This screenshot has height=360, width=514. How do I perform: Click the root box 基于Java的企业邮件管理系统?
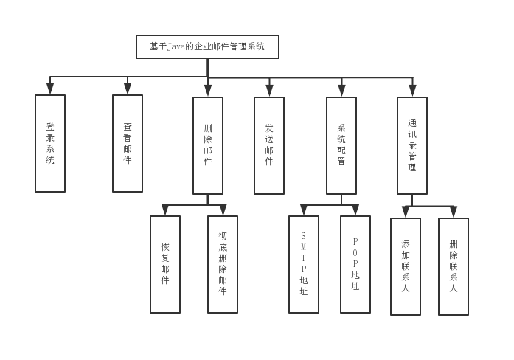point(207,47)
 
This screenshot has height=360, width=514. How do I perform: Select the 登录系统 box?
point(50,143)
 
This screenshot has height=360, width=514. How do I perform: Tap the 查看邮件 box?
point(128,143)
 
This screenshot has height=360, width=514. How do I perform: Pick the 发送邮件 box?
point(269,145)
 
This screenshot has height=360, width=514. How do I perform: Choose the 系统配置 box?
point(341,145)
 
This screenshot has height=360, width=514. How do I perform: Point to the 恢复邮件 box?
point(165,264)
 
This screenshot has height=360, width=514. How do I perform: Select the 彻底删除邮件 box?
point(223,264)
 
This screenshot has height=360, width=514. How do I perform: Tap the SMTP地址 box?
point(304,264)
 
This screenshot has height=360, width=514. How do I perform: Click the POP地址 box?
point(355,264)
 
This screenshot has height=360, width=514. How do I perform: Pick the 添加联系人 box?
point(406,266)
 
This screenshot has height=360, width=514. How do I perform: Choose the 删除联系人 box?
point(454,266)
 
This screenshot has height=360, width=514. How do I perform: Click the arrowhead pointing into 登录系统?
point(50,89)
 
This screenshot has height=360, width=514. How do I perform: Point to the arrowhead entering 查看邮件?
point(128,89)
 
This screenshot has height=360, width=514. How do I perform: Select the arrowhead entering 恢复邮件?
point(165,210)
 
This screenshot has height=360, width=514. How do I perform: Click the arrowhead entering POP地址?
point(355,210)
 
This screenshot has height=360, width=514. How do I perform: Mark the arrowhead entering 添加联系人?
point(406,212)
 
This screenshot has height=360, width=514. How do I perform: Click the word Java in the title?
point(176,47)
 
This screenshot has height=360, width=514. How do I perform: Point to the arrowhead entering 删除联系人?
point(454,212)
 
